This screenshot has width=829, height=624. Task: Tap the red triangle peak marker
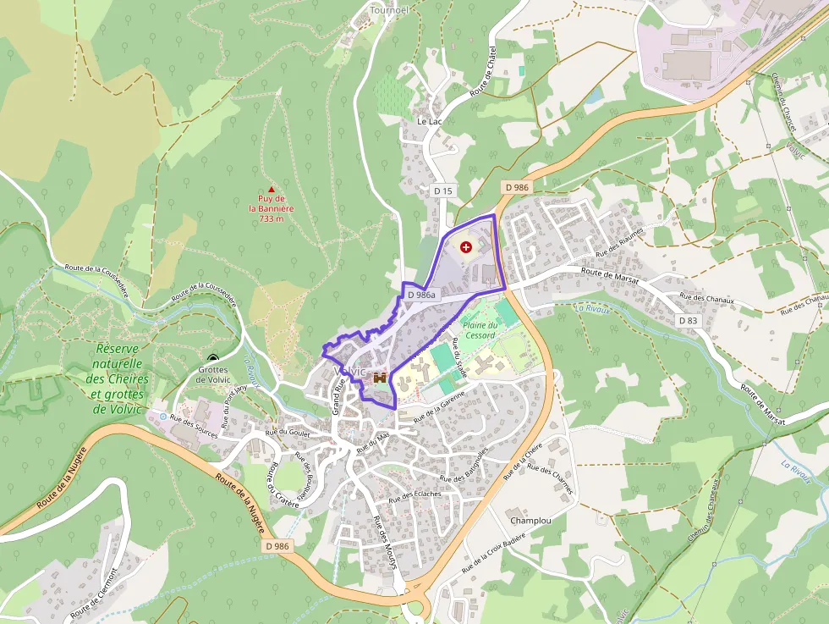coord(272,190)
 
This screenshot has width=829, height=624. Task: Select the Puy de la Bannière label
coord(272,208)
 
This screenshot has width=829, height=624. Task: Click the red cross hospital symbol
coord(466,246)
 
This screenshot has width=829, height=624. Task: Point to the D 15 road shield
coord(442,191)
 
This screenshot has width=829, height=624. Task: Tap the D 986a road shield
coord(420,295)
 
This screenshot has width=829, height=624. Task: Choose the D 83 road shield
coord(688,321)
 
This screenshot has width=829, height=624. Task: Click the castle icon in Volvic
coord(380,378)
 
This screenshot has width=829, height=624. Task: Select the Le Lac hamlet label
coord(430,121)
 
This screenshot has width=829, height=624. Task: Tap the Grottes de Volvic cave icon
coord(212,358)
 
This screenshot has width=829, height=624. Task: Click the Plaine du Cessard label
coord(479,330)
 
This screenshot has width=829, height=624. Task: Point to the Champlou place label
coord(530,520)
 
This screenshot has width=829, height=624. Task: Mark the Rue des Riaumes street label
coord(620,241)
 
